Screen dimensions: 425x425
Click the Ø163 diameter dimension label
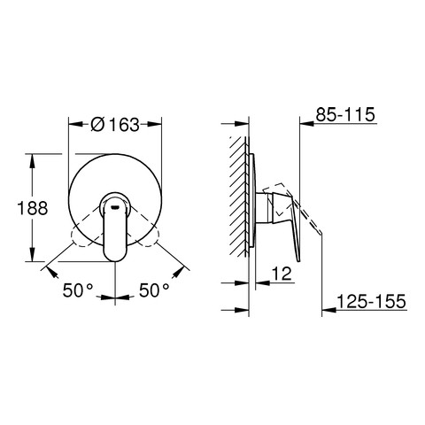tap(115, 125)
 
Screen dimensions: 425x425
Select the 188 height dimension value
tap(33, 208)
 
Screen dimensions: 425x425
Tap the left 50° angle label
tap(78, 290)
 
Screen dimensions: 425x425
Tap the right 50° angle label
tap(154, 290)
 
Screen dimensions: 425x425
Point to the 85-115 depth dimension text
tap(345, 114)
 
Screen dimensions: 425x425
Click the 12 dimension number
tap(282, 274)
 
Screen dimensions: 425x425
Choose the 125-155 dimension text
tap(371, 301)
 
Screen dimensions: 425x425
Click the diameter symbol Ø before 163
tap(97, 125)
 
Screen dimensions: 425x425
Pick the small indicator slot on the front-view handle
tap(115, 207)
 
